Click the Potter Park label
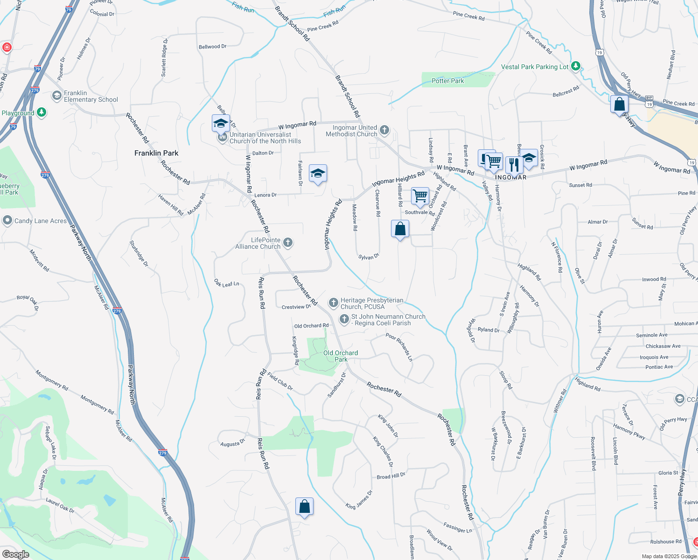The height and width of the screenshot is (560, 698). pos(447,81)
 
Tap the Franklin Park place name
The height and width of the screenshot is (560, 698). pos(156,153)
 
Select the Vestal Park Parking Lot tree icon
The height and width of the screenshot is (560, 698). pos(576,66)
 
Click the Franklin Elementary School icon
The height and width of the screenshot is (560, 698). pos(57,96)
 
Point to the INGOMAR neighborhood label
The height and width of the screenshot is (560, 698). pos(510,178)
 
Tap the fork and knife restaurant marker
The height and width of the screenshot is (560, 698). pos(514,165)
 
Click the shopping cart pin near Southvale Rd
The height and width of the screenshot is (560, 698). pos(420,196)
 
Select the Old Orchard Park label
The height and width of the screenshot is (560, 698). pos(341,356)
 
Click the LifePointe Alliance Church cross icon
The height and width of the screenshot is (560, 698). pos(288,242)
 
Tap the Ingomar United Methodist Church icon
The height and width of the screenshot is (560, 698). pos(384,130)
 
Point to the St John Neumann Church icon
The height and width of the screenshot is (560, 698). pos(344,319)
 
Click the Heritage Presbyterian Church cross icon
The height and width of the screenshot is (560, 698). pos(333,303)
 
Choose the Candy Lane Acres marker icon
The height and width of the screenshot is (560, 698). pos(7,220)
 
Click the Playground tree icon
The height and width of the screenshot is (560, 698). pos(42,112)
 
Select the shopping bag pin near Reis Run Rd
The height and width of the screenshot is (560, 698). pos(304,506)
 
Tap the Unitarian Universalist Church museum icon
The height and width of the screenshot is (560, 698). pos(223,137)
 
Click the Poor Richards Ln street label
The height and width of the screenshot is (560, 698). pos(399,347)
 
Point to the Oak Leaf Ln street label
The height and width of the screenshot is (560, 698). pos(226,283)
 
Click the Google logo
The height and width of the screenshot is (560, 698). pos(15,554)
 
